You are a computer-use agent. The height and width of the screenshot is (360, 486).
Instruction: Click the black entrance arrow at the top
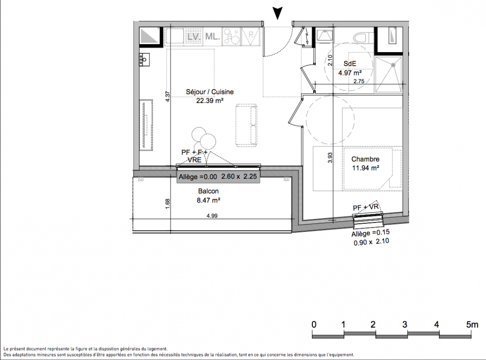pos(278,13)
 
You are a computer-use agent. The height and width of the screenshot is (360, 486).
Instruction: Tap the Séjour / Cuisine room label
pos(210,92)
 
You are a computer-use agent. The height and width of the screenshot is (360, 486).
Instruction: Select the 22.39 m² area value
pos(210,100)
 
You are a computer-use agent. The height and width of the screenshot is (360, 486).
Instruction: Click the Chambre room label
pos(365,159)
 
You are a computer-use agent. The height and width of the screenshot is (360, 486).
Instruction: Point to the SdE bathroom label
pos(350,63)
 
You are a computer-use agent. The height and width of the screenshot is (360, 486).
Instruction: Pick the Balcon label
pos(208,191)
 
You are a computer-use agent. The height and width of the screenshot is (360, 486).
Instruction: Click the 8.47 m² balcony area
pos(208,200)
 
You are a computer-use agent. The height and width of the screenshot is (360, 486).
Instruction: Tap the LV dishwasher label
pos(193,36)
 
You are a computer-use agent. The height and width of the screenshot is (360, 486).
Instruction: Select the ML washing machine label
pos(212,36)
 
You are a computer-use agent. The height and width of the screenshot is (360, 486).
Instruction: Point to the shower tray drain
pos(393,65)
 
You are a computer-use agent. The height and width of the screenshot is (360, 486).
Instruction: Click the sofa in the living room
pos(247,125)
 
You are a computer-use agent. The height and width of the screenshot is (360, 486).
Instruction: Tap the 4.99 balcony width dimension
pos(212,216)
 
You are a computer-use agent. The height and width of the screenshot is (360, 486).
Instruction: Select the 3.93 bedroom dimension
pos(330,157)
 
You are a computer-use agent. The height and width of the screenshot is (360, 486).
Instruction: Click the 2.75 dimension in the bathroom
pos(359,81)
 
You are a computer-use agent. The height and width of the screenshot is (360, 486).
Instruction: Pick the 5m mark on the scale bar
pos(472,324)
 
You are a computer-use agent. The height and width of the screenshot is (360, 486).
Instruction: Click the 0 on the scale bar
pos(314,324)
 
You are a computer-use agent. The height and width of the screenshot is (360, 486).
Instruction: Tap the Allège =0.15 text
pos(370,233)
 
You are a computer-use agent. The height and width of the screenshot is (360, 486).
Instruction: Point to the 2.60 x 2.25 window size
pos(239,176)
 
